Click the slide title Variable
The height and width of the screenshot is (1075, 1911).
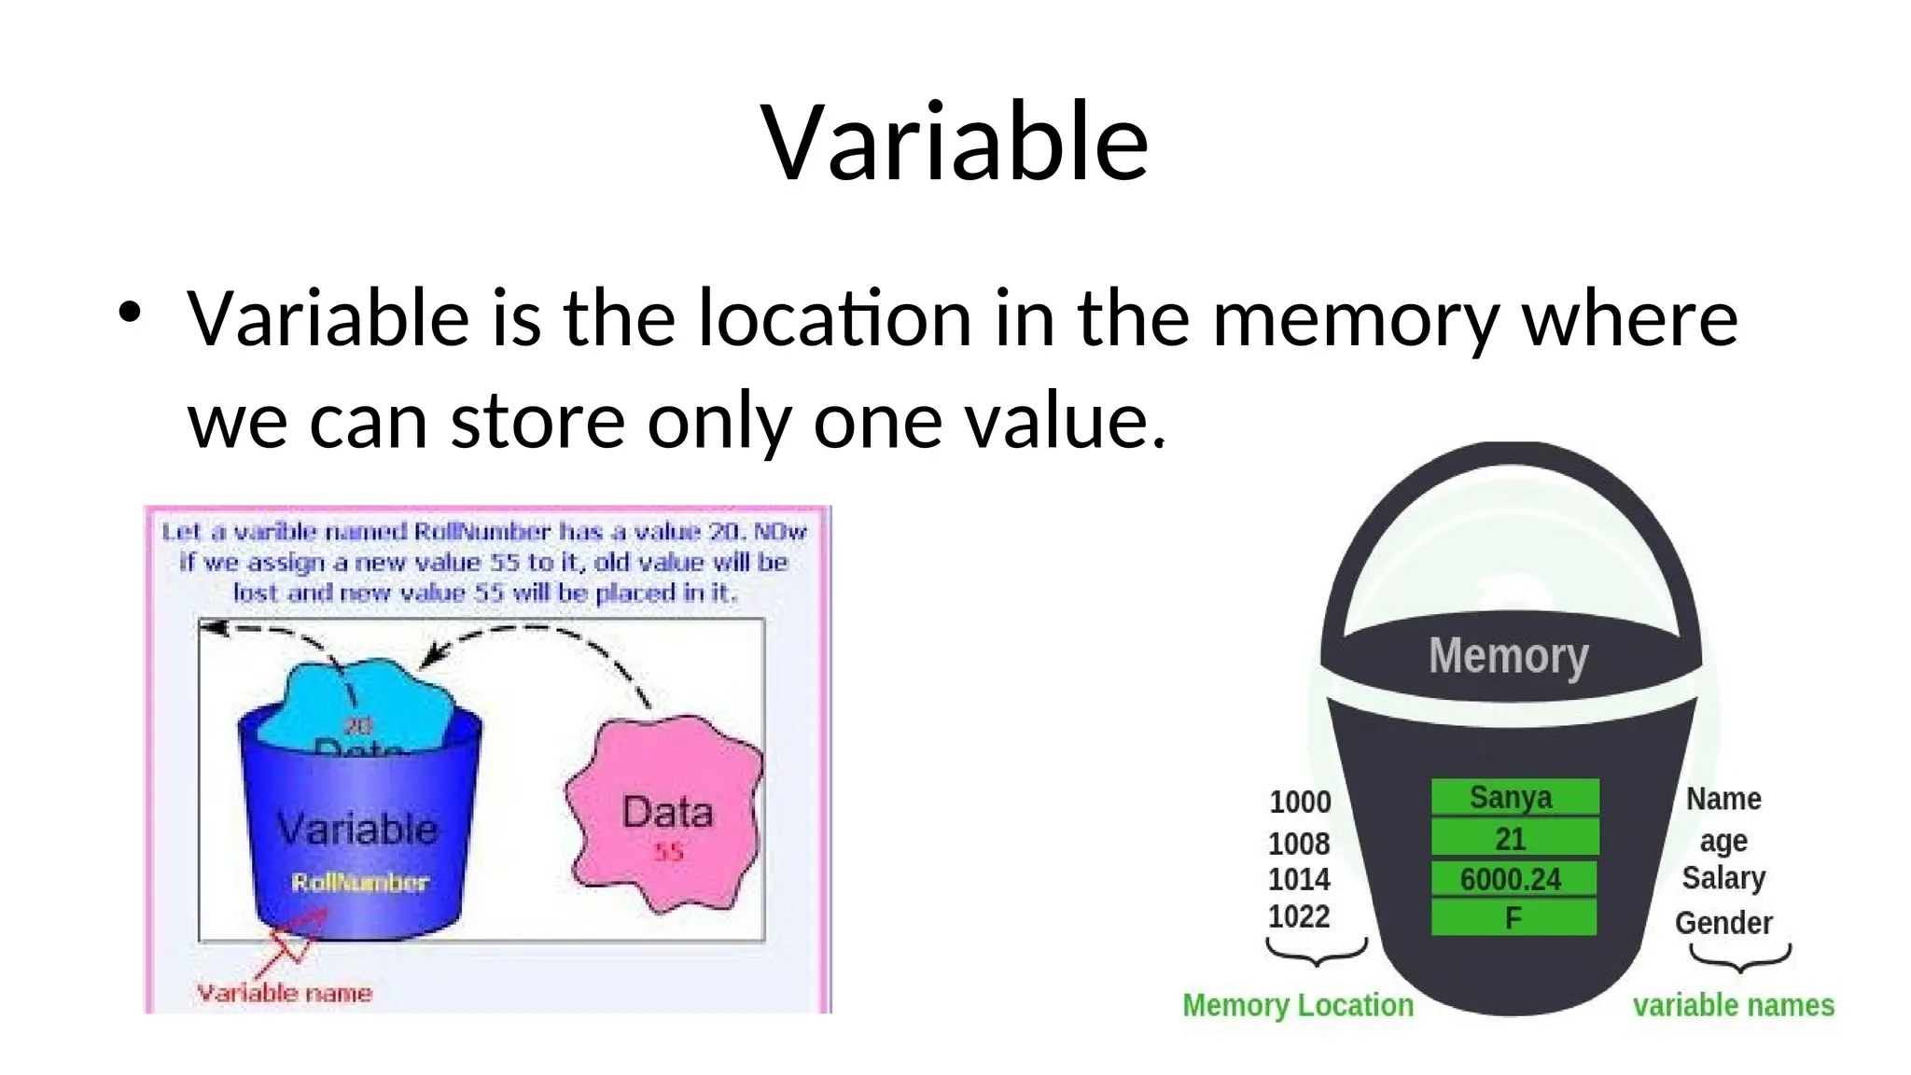pyautogui.click(x=955, y=142)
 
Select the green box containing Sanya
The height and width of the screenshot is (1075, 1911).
pyautogui.click(x=1513, y=797)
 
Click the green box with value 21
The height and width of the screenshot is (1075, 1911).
pyautogui.click(x=1513, y=838)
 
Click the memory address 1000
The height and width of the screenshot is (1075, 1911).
pyautogui.click(x=1300, y=802)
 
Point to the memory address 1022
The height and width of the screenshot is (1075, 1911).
pyautogui.click(x=1298, y=916)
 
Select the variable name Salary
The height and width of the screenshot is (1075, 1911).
pyautogui.click(x=1723, y=878)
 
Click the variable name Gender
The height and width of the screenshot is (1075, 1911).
pyautogui.click(x=1723, y=922)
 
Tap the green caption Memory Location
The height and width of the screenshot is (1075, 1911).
pyautogui.click(x=1297, y=1005)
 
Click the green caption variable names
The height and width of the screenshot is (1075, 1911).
pyautogui.click(x=1733, y=1005)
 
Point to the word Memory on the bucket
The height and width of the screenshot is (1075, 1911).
pyautogui.click(x=1508, y=656)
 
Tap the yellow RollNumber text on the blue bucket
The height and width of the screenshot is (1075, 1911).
pyautogui.click(x=359, y=882)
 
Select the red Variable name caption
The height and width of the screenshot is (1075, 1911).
pyautogui.click(x=284, y=993)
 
